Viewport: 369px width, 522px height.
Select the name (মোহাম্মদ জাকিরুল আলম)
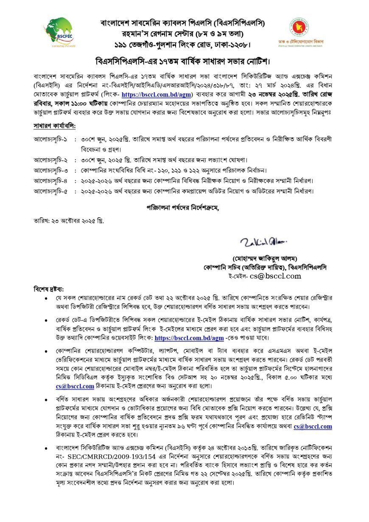pos(265,258)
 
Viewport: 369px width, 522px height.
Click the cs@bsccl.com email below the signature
pos(275,276)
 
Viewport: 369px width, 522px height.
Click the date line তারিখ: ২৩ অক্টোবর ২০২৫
pos(68,221)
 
